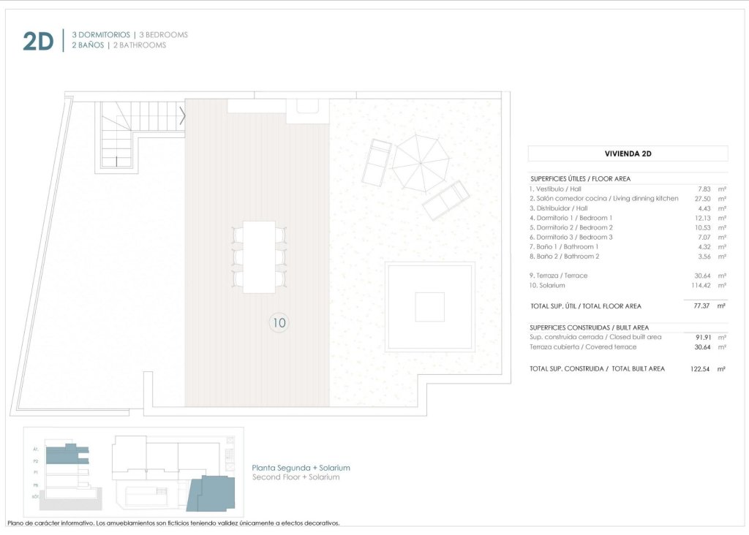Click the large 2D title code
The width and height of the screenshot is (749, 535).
[x=38, y=41]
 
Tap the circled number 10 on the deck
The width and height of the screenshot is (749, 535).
[x=279, y=322]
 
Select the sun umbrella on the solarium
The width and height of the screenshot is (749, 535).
[x=421, y=162]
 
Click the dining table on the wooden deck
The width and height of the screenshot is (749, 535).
[x=259, y=257]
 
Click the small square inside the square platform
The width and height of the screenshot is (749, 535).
[x=429, y=306]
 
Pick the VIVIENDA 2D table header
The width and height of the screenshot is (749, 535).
[x=628, y=153]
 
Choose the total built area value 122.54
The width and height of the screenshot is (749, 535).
[x=698, y=369]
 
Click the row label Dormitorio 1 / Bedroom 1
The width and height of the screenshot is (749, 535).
[x=571, y=218]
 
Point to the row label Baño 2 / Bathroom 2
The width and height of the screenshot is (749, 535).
[x=564, y=257]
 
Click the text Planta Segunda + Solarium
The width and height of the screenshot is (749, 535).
[x=301, y=468]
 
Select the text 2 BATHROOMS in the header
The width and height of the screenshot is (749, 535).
[x=140, y=45]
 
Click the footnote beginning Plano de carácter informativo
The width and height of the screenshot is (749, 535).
[x=173, y=523]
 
